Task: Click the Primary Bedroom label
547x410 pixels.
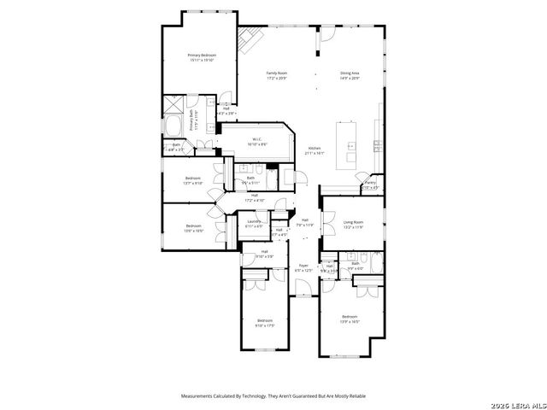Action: coord(202,56)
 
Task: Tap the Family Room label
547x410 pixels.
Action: coord(276,74)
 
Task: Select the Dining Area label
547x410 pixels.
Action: coord(350,74)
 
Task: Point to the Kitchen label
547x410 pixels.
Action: coord(315,148)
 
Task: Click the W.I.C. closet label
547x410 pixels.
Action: coord(256,139)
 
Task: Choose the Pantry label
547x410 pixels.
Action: coord(370,182)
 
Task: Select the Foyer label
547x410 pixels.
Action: coord(303,266)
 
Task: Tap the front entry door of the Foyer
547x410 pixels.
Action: coord(303,294)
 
